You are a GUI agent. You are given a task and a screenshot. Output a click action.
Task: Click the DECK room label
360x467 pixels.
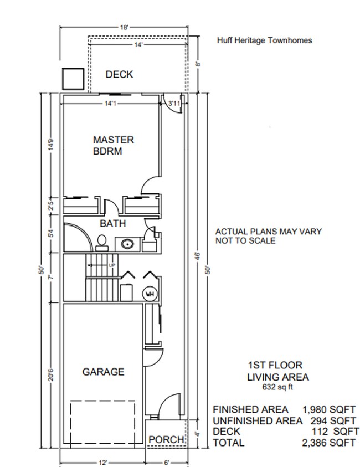[x=119, y=74]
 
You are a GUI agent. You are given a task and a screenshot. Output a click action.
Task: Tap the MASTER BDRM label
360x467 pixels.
[x=113, y=145]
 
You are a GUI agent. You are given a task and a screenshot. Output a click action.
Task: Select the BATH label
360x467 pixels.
[x=112, y=224]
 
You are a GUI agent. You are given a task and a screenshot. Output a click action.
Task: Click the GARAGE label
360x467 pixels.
[x=103, y=372]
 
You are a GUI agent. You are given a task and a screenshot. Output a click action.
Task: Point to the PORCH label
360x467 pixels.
[x=166, y=439]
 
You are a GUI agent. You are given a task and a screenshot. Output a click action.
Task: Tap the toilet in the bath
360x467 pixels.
[x=102, y=240]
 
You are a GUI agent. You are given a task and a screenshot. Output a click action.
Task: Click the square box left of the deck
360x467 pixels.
[x=72, y=78]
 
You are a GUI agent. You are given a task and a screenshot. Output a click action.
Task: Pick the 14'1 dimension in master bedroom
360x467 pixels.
[x=110, y=104]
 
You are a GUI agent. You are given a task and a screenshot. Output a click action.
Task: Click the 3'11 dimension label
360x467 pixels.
[x=174, y=104]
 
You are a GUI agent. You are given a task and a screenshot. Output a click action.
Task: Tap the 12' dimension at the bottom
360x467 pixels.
[x=102, y=461]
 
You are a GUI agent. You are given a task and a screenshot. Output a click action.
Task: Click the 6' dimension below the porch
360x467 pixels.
[x=166, y=461]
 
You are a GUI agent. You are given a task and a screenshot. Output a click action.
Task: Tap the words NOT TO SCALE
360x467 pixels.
[x=245, y=240]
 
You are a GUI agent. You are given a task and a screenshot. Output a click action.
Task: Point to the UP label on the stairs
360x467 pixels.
[x=112, y=265]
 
